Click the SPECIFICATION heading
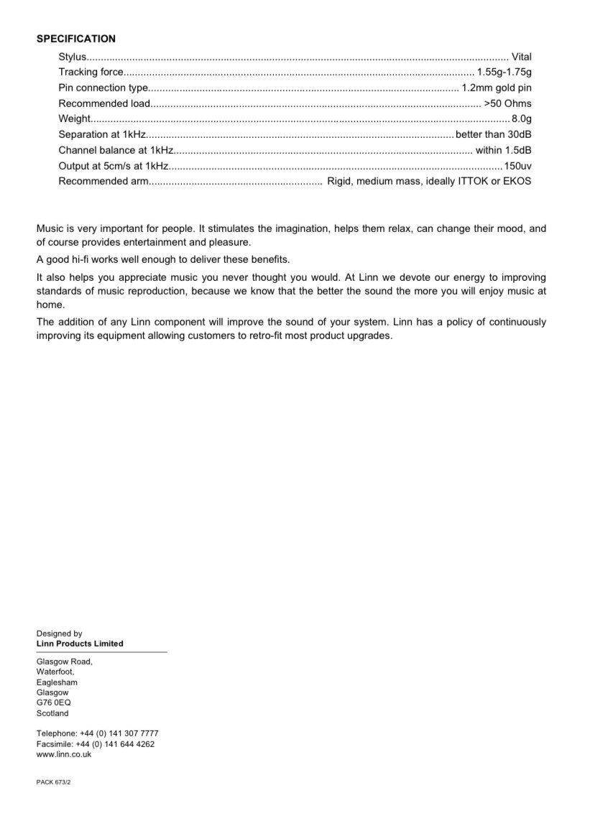coord(76,39)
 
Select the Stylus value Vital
coord(521,56)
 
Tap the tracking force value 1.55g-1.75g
coord(504,72)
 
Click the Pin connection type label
coord(103,88)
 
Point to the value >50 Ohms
coord(508,103)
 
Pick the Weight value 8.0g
coord(521,119)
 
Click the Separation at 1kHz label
coord(102,134)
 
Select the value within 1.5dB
coord(504,150)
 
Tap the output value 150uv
coord(517,165)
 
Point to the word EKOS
coord(517,181)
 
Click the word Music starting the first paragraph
coord(50,229)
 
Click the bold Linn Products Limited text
coord(80,644)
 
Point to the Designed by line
coord(60,634)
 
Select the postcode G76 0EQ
coord(54,703)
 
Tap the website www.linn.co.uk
coord(64,754)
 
